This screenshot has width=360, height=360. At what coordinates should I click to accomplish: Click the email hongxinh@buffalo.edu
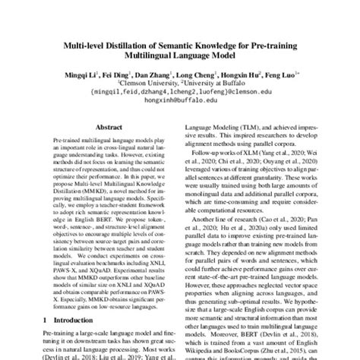pyautogui.click(x=180, y=106)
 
